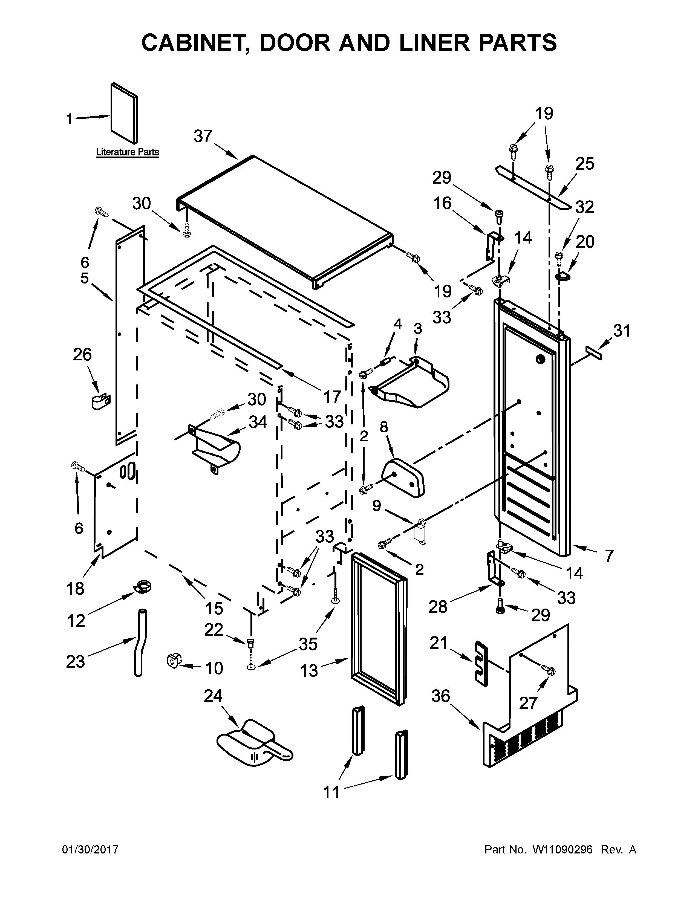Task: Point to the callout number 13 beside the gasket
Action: pos(309,671)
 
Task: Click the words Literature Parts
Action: pos(127,152)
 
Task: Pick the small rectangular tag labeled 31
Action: pos(593,354)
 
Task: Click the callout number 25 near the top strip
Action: pos(584,164)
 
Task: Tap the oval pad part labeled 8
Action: pos(404,476)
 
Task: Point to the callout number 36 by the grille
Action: pos(440,696)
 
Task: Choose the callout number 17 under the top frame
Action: pos(332,396)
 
